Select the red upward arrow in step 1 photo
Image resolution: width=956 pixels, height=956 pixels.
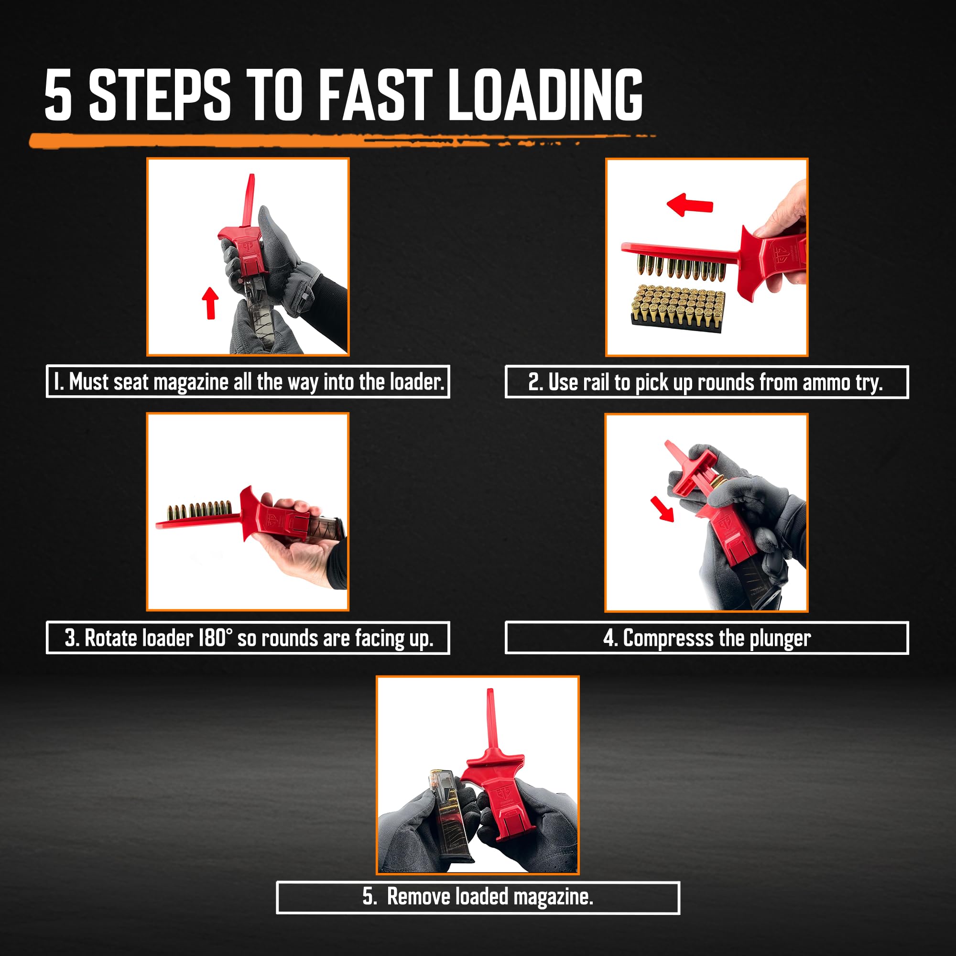[x=211, y=303]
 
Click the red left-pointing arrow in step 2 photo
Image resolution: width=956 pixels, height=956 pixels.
[x=689, y=205]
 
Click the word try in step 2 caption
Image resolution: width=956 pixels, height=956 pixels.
[x=869, y=383]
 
